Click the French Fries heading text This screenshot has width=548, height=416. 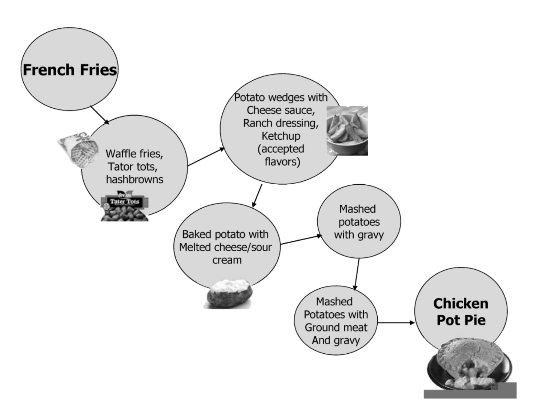[x=70, y=70]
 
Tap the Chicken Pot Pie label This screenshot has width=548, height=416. [x=461, y=312]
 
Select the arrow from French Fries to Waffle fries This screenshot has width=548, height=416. [x=100, y=115]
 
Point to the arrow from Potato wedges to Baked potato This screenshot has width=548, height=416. [x=257, y=195]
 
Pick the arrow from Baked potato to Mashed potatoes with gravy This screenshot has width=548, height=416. [x=301, y=239]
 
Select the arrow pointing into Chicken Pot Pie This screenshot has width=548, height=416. [x=396, y=323]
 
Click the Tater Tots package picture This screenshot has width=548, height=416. [x=125, y=206]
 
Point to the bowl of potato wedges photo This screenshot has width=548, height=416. [x=347, y=131]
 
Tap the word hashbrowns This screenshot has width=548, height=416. [x=135, y=180]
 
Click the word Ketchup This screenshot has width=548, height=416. [x=281, y=136]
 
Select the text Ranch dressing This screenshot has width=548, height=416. [x=281, y=123]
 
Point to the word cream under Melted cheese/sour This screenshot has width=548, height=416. [x=227, y=260]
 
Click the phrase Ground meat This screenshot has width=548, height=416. [x=336, y=328]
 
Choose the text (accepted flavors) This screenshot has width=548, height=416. [x=281, y=155]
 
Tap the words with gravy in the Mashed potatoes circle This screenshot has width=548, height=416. [x=359, y=235]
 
